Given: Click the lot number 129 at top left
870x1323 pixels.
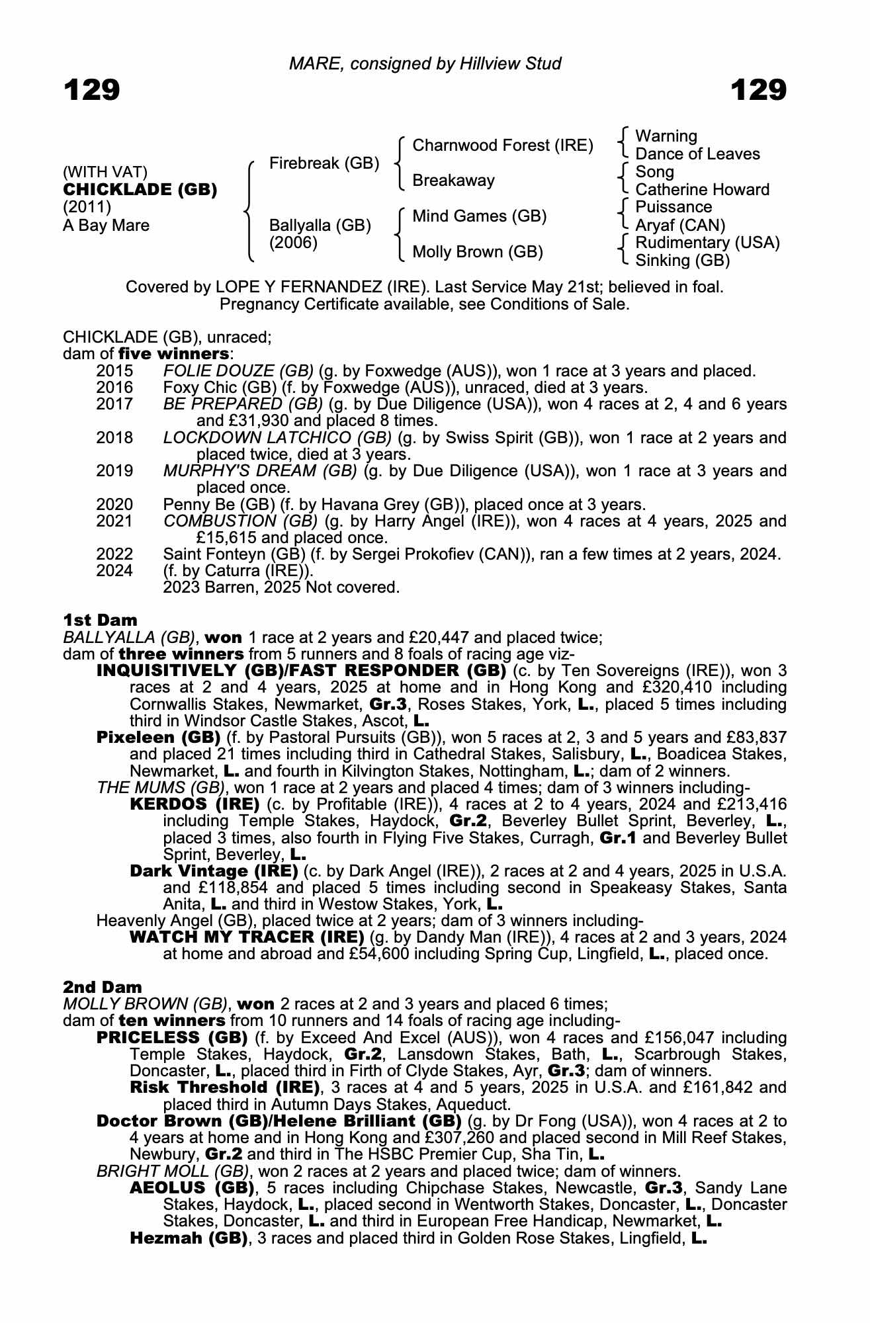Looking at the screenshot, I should coord(92,90).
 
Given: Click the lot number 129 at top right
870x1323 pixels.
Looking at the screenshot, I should coord(758,90).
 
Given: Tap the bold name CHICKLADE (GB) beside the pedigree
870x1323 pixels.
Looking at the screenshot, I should coord(140,190).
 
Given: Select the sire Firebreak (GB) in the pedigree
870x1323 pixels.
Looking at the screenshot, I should coord(324,163).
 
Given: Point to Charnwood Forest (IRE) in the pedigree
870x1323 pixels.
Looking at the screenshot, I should coord(503,146).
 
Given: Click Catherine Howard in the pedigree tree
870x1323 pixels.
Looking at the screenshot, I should coord(702,190).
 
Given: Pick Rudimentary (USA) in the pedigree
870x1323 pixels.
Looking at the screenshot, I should coord(707,243).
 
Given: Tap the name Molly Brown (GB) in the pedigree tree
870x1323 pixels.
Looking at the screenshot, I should coord(478,252).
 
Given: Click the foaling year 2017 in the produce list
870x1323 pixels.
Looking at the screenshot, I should coord(114,404).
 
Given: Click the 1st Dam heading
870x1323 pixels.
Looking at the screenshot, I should coord(101,620).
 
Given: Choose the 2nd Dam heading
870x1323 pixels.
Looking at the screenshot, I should coord(103,988).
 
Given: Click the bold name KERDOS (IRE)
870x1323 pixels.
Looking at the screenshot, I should coord(195,804).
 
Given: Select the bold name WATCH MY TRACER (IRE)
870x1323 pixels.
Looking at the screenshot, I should coord(247,937).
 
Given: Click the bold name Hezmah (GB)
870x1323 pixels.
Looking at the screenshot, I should coord(189,1238).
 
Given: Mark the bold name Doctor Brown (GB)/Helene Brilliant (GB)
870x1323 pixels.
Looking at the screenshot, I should coord(279,1121).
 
